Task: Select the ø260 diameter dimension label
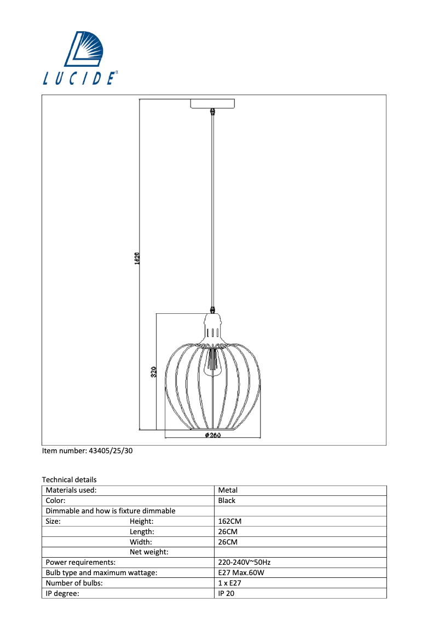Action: [x=212, y=436]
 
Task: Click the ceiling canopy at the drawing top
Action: [x=212, y=103]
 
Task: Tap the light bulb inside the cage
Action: [x=212, y=363]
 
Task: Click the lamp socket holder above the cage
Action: [x=212, y=327]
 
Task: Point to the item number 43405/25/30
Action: [x=87, y=451]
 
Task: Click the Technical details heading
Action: [x=69, y=479]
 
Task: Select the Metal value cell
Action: [x=228, y=490]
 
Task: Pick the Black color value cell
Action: [x=227, y=500]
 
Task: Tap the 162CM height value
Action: [x=229, y=522]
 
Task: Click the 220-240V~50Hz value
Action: [x=245, y=562]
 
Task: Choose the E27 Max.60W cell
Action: [x=241, y=572]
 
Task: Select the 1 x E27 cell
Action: [x=229, y=583]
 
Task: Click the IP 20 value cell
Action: [x=226, y=593]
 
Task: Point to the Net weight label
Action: [x=149, y=552]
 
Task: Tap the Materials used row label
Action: [x=71, y=490]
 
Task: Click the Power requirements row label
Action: [x=80, y=562]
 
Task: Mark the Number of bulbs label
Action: [x=74, y=583]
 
